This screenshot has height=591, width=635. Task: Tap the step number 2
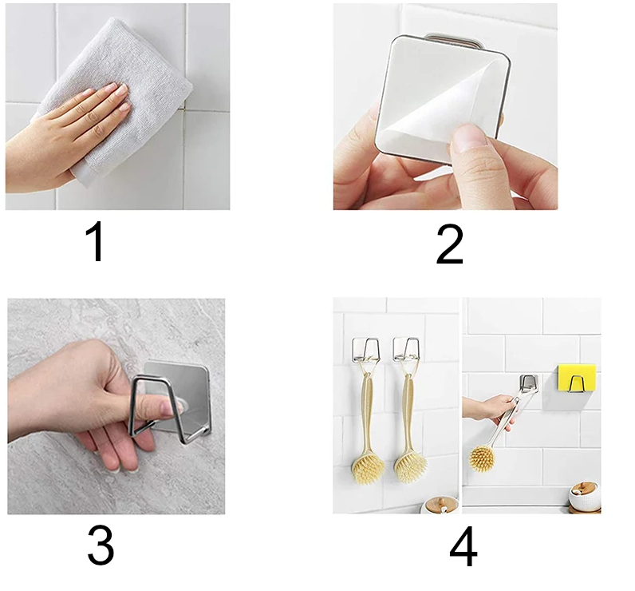tap(449, 244)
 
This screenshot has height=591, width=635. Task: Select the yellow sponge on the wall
tap(577, 379)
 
